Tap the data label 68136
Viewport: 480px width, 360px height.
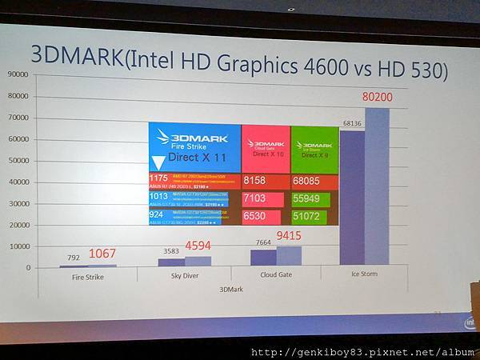[351, 122]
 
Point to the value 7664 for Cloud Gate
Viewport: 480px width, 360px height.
[262, 242]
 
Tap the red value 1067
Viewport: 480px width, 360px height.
[102, 254]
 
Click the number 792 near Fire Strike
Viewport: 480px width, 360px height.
[74, 258]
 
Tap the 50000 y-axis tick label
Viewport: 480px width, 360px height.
[18, 160]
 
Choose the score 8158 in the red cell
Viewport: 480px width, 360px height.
[255, 182]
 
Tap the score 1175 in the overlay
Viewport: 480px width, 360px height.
[158, 178]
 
